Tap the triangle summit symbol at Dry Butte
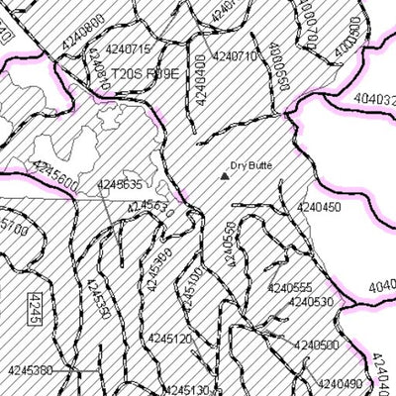(224, 176)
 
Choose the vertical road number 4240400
(202, 80)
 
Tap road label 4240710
(235, 56)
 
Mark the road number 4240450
(318, 207)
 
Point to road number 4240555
(289, 287)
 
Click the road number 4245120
(169, 338)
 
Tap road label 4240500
(315, 346)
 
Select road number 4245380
(30, 370)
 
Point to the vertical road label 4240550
(230, 247)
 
